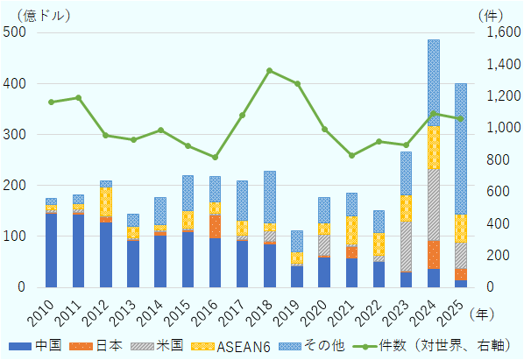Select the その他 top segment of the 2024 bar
[x=433, y=82]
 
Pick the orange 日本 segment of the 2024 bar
[x=433, y=255]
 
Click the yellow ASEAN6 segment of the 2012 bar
[x=105, y=201]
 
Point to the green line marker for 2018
[x=269, y=70]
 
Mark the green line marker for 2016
[x=215, y=158]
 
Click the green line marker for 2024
[x=433, y=114]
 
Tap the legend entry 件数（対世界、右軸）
[x=438, y=345]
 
